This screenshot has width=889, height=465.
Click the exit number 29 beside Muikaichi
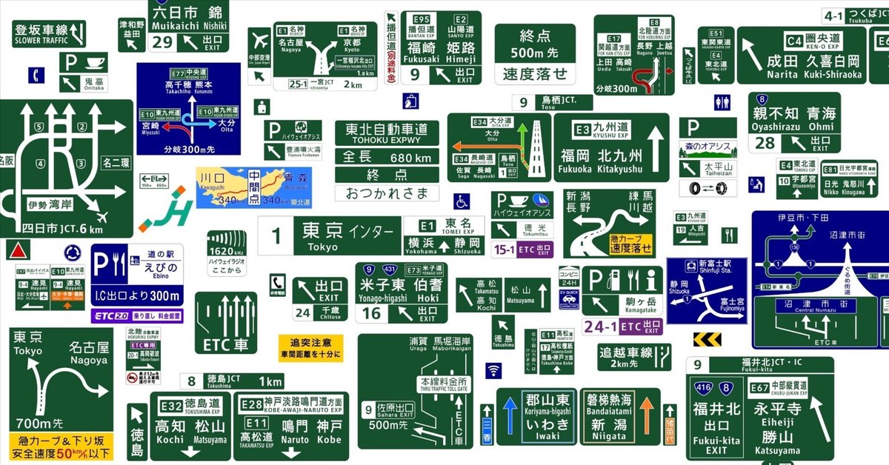tap(162, 42)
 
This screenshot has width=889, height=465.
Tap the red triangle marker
tap(16, 249)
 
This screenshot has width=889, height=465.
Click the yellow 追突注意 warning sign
tap(310, 348)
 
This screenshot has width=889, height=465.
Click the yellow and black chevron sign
tap(707, 340)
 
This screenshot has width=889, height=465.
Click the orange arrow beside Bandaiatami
tap(647, 415)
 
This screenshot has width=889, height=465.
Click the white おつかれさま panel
tap(387, 193)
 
